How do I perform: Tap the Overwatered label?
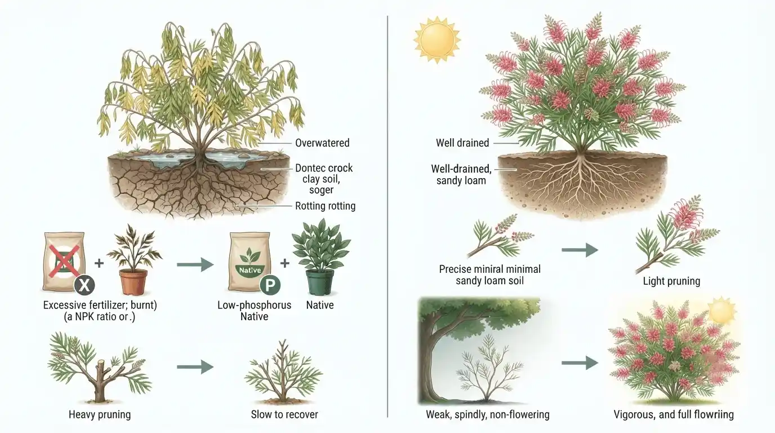coord(322,143)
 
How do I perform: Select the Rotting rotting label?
coord(325,206)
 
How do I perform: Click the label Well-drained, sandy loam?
coord(461,175)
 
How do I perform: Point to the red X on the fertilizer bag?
coord(64,261)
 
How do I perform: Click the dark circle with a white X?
coord(84,285)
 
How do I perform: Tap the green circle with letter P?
coord(270,285)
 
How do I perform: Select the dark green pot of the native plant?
coord(320,282)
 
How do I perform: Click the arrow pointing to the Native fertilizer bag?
coord(195,265)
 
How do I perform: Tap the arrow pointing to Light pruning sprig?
coord(580,250)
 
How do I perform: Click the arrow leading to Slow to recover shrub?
coord(195,367)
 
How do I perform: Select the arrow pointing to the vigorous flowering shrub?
coord(580,363)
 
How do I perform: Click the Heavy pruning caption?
coord(100,414)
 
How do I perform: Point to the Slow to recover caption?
coord(284,414)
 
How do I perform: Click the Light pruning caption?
coord(671,281)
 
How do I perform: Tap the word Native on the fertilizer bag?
coord(250,270)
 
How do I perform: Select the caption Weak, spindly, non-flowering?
coord(488,414)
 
